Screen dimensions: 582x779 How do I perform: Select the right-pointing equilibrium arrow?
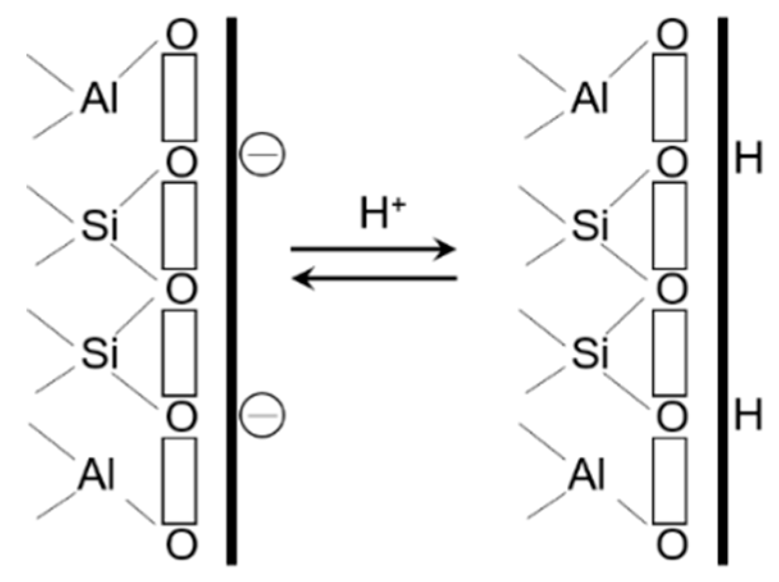(x=373, y=249)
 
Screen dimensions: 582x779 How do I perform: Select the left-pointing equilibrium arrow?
(x=374, y=278)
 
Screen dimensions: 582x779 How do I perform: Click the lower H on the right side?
(x=748, y=416)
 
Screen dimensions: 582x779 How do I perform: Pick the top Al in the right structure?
(x=590, y=101)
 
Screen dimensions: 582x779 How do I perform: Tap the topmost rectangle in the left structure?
(x=180, y=97)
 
